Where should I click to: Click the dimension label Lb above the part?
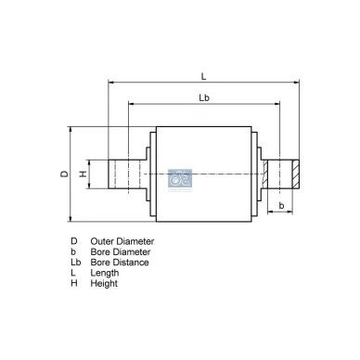click(x=203, y=97)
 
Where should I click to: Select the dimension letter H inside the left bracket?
click(x=83, y=174)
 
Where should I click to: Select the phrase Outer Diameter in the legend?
click(x=122, y=241)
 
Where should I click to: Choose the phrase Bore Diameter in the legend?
click(x=121, y=251)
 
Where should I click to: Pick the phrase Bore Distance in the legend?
click(x=120, y=263)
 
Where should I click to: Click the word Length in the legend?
click(x=105, y=273)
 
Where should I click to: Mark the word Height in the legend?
click(x=104, y=283)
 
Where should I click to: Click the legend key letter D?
click(x=73, y=241)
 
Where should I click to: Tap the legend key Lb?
click(x=75, y=263)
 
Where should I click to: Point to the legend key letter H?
click(x=73, y=283)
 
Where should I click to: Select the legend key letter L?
click(x=72, y=273)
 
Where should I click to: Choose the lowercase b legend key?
click(x=72, y=251)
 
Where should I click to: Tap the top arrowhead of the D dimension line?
click(x=71, y=130)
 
